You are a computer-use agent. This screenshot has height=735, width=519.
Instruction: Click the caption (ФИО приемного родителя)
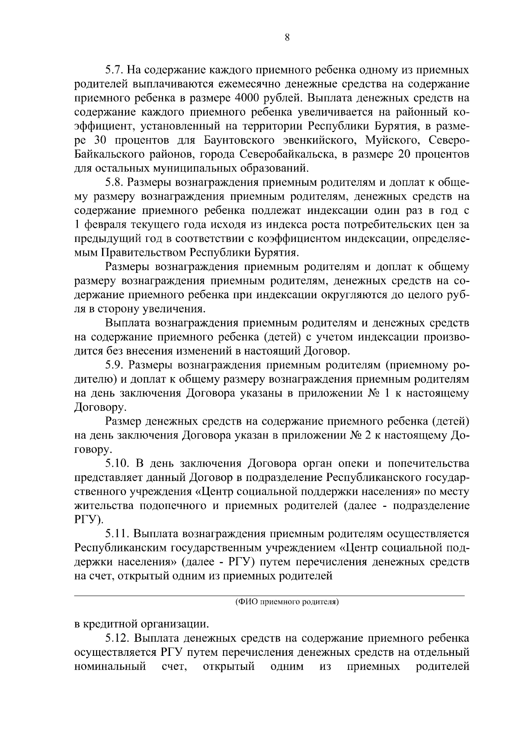tap(287, 602)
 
